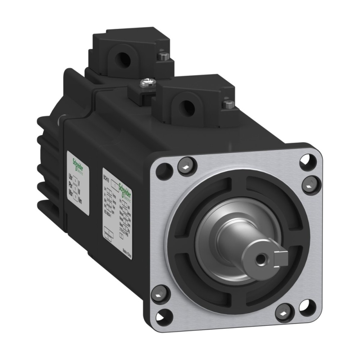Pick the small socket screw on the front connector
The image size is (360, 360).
[x=228, y=104]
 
